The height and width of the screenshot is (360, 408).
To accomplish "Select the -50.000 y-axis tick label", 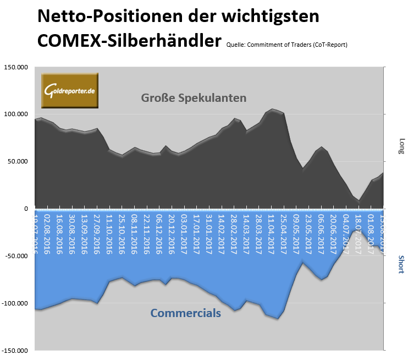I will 15,256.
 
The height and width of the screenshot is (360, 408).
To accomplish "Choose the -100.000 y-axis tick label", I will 14,303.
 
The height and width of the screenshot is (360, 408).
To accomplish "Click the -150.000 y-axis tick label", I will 14,351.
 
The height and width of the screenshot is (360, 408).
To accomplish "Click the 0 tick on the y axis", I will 25,209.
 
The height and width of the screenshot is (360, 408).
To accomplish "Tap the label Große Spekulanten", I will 193,98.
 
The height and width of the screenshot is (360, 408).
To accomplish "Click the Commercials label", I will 186,313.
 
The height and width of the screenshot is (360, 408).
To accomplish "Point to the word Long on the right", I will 400,146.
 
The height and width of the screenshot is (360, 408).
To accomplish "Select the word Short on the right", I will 400,265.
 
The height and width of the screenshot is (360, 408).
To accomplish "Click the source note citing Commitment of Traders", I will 286,45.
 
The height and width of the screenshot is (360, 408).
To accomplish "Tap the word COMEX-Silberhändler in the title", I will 129,40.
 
